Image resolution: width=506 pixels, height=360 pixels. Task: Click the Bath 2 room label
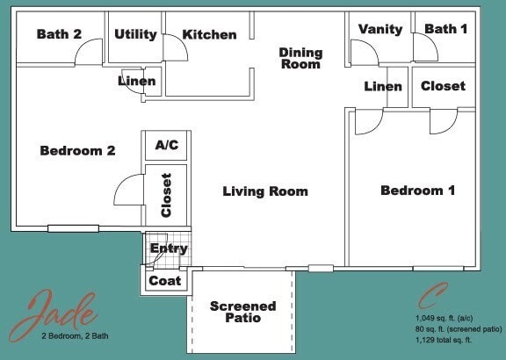point(59,35)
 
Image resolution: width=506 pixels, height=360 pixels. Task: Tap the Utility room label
point(135,35)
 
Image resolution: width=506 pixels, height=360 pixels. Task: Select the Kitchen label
point(209,35)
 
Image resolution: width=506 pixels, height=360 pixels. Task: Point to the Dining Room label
point(300,58)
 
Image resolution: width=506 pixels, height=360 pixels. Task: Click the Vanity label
point(380,29)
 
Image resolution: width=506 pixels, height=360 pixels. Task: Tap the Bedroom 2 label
point(77,151)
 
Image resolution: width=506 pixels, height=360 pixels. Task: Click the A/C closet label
point(166,145)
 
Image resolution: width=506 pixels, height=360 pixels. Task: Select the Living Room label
point(265,191)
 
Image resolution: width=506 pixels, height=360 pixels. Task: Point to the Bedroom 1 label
point(417,191)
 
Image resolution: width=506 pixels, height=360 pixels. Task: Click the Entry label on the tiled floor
point(168,248)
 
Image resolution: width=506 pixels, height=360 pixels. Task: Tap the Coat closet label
point(165,281)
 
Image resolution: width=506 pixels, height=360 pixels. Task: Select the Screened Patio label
point(242,312)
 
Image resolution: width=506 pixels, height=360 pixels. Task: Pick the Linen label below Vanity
point(383,86)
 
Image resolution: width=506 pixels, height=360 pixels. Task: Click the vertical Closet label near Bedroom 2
point(166,195)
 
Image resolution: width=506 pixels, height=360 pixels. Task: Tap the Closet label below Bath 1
point(443,86)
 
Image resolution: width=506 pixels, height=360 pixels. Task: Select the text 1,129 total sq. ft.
point(444,339)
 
